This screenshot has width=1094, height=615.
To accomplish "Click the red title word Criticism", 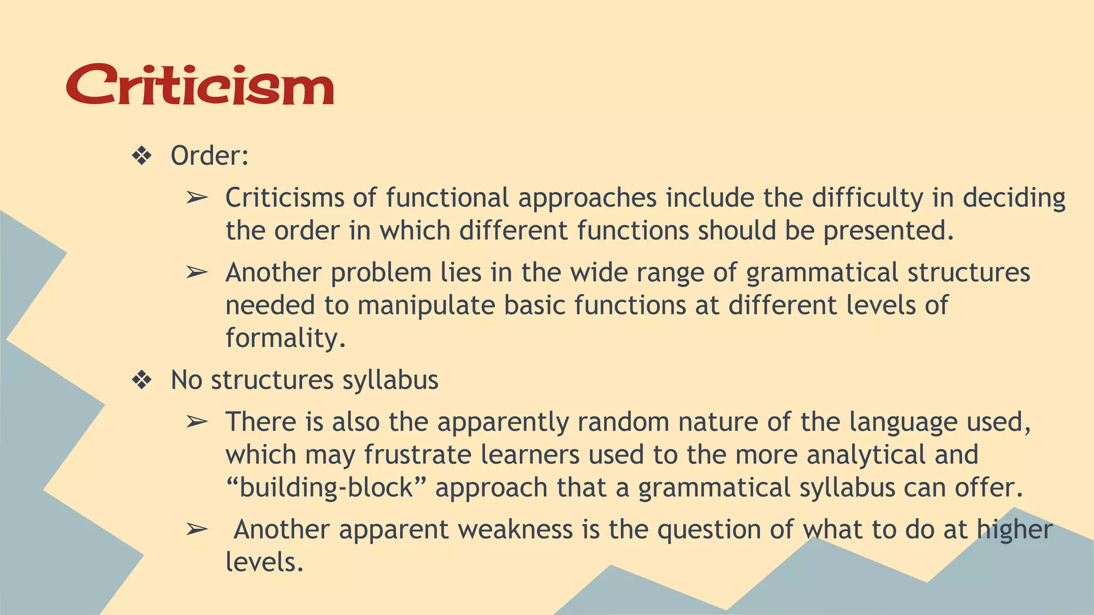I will (x=200, y=85).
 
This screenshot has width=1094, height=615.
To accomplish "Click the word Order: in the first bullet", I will (x=209, y=156).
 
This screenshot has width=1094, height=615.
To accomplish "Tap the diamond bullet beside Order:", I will (x=142, y=156).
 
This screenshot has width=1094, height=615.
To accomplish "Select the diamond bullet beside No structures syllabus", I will (x=142, y=381).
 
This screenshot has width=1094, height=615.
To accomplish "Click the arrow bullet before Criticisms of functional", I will (x=197, y=198).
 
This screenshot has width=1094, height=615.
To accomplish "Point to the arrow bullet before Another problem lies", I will (x=197, y=273).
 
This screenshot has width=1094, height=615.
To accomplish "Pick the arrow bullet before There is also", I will (x=197, y=422).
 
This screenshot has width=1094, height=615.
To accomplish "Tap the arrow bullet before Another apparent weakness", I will (x=197, y=530).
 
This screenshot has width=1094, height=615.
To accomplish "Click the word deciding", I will (x=1014, y=199).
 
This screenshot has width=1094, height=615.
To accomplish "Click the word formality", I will (x=285, y=338).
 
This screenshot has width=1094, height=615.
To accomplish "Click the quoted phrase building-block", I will (x=326, y=488).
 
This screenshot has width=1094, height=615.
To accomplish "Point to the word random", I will (x=623, y=422).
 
